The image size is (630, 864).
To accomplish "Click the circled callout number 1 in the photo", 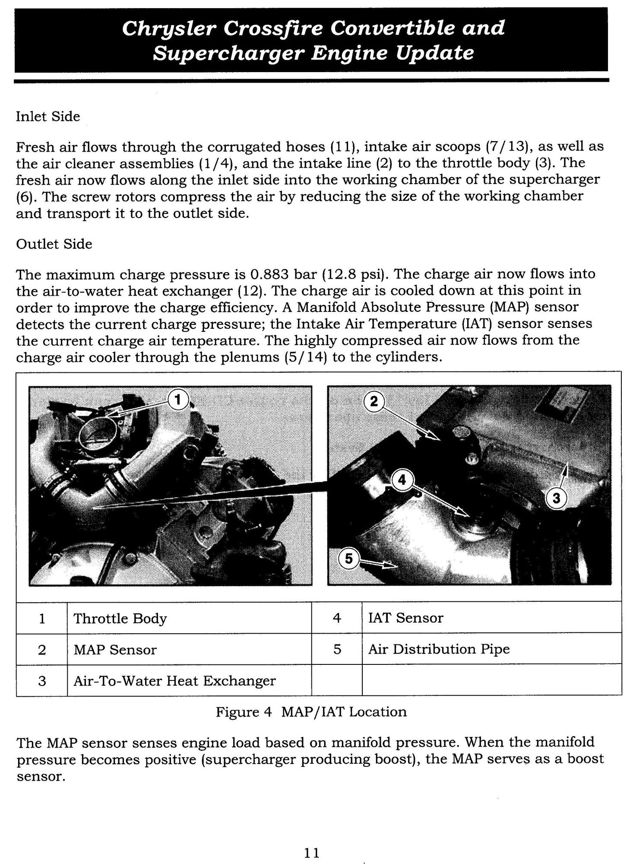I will coord(177,400).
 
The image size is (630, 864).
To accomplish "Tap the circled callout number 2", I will coord(374,402).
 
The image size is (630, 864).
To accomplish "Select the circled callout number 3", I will coord(556,499).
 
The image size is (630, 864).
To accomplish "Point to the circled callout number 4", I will coord(402,480).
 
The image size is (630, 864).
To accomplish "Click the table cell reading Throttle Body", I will coord(120,619).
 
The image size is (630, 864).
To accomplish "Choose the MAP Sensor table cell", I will coord(115,650).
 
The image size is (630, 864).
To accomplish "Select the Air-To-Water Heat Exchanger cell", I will coord(174,681).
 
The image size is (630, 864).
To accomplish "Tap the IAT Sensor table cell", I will coord(405,618).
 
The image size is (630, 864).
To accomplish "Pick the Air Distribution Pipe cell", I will coord(439,649).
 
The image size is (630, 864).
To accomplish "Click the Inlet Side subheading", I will coord(48,117).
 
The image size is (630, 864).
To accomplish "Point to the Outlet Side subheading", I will coord(54,244).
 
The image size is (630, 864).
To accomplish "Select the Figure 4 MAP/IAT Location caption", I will coord(311,712).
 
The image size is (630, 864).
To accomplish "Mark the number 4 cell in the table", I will coord(337,618).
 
